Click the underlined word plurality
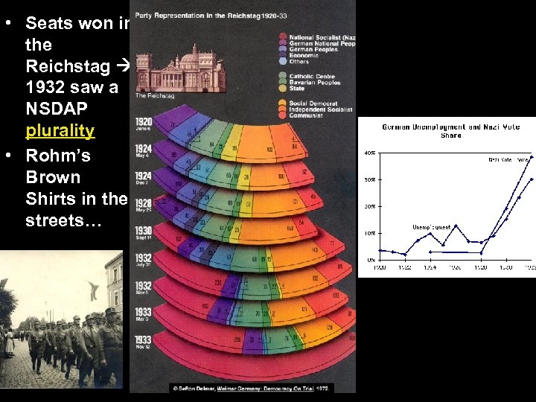tap(60, 131)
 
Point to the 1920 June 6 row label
tap(143, 124)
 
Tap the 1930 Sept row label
tap(143, 233)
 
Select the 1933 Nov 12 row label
tap(143, 342)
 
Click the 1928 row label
tap(143, 205)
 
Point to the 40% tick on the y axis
tap(369, 153)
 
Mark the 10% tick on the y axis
tap(369, 233)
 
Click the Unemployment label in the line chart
tap(431, 227)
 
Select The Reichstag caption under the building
tap(156, 95)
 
